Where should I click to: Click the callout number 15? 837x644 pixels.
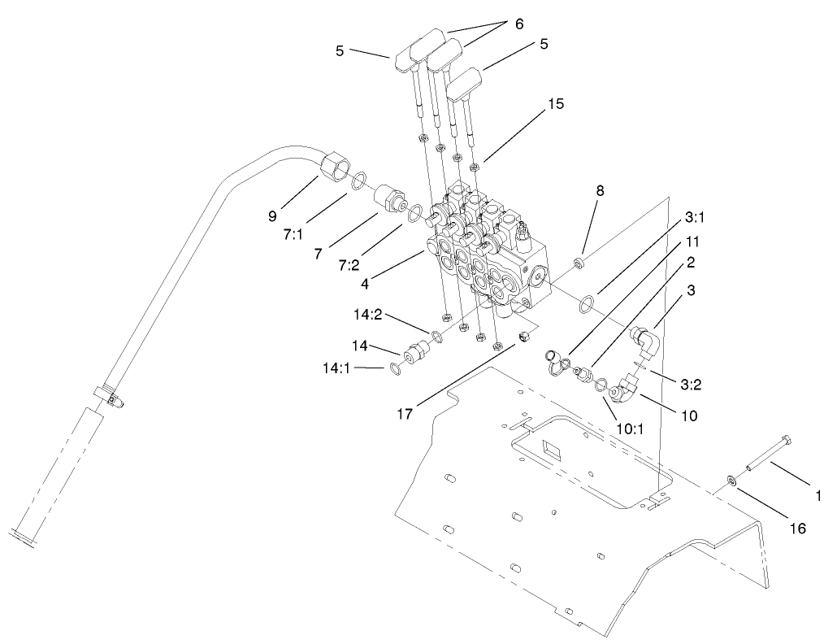(555, 104)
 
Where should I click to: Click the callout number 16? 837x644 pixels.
(797, 529)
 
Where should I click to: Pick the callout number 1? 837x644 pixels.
(818, 494)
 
